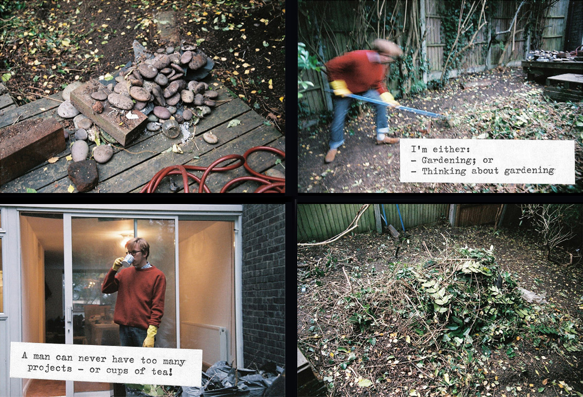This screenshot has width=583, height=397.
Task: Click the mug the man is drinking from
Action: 128,260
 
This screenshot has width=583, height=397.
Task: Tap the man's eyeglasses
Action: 134,253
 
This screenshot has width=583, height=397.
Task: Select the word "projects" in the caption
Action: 50,368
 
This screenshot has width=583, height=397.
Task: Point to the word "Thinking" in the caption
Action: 444,171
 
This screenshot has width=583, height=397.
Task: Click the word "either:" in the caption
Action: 451,149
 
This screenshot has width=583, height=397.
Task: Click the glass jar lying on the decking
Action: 171,129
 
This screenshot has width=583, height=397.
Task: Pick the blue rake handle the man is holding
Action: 391,104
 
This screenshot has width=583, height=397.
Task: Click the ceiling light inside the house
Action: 125,240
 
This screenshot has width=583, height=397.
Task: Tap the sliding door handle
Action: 69,314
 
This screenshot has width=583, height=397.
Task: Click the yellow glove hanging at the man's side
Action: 150,336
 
